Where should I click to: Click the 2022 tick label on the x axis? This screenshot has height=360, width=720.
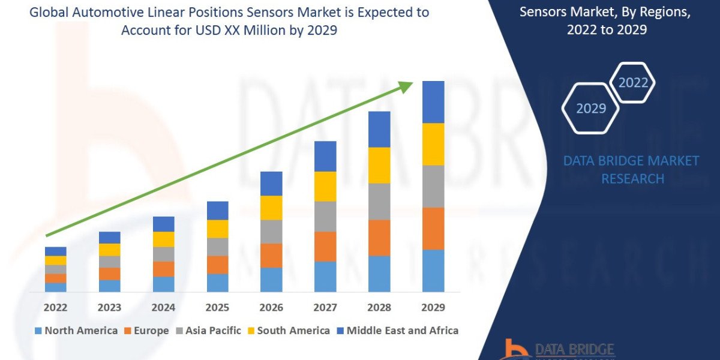pyautogui.click(x=55, y=308)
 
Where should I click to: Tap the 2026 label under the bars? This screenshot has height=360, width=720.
pyautogui.click(x=271, y=308)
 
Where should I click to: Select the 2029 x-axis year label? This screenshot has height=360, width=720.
pyautogui.click(x=433, y=308)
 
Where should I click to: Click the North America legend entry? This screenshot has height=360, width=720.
pyautogui.click(x=76, y=331)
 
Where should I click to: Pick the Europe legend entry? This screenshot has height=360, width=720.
pyautogui.click(x=147, y=331)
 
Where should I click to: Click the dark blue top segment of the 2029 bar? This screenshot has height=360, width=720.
pyautogui.click(x=433, y=102)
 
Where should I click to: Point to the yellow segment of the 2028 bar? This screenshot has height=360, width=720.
pyautogui.click(x=379, y=165)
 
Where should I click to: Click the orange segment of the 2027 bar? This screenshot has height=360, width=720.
pyautogui.click(x=325, y=246)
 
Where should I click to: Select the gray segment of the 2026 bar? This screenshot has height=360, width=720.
pyautogui.click(x=271, y=231)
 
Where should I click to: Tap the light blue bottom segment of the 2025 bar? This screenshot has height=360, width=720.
pyautogui.click(x=217, y=283)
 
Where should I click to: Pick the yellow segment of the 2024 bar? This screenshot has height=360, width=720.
pyautogui.click(x=163, y=239)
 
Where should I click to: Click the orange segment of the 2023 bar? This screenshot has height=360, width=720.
pyautogui.click(x=109, y=274)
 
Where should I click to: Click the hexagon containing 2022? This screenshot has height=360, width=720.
pyautogui.click(x=632, y=83)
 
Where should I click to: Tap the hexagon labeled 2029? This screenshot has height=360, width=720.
pyautogui.click(x=590, y=108)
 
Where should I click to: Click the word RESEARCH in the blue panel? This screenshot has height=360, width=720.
pyautogui.click(x=632, y=179)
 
